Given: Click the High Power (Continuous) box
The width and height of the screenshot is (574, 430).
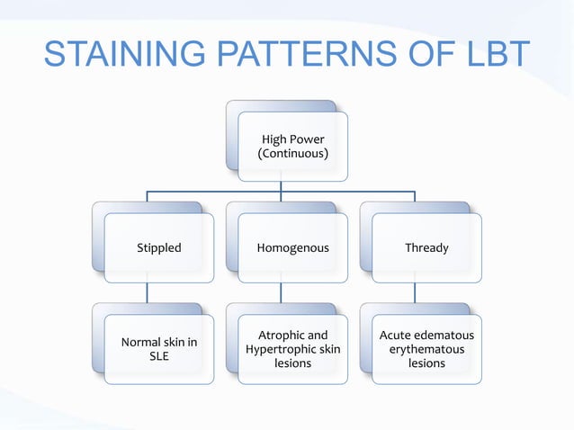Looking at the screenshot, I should coord(293,147).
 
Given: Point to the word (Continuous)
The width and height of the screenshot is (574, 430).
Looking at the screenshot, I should coord(293,155).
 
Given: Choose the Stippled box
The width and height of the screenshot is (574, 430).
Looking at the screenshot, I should coord(159,247).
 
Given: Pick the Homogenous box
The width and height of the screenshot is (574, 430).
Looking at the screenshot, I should coord(293,247).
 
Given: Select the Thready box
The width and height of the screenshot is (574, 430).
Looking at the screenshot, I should coord(426,247).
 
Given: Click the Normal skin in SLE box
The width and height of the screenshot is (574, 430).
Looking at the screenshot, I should coord(159,349).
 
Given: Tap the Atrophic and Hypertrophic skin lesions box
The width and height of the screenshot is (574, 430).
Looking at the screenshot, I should coord(293,349).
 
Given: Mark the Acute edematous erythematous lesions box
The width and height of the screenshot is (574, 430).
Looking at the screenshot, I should coord(426,349).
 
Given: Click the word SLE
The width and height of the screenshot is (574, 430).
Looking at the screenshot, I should coord(159,357).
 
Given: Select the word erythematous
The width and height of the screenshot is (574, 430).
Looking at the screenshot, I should coord(426,349).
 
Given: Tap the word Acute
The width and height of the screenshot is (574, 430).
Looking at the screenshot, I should coord(397,336).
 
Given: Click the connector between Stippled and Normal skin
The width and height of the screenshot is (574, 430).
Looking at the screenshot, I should coord(148,292).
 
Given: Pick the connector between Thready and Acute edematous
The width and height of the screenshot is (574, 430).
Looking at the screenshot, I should coord(415,292).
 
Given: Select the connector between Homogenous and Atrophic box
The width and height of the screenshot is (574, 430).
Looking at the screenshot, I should coord(281,292).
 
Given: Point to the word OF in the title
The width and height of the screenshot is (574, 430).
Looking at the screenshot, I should coord(423,56).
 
